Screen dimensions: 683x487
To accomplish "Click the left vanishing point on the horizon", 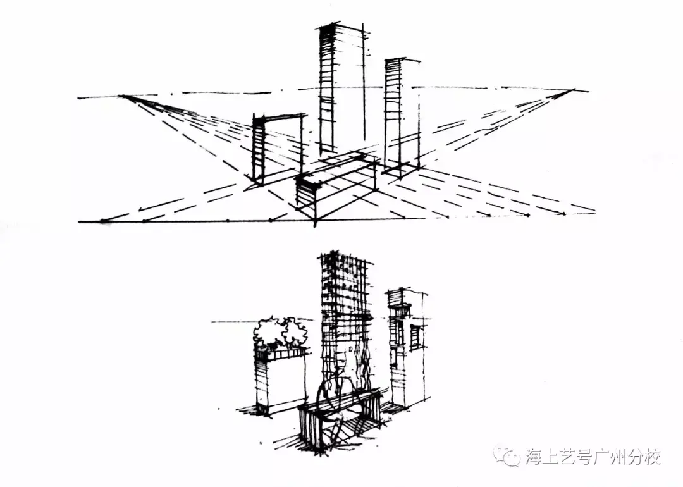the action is [x=122, y=96].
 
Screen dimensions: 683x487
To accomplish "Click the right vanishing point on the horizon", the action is [x=573, y=90].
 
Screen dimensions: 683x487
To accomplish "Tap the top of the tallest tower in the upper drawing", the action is [x=338, y=27].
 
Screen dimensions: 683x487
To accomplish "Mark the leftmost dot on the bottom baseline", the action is [x=102, y=221].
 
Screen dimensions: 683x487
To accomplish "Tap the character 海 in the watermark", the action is [x=536, y=456].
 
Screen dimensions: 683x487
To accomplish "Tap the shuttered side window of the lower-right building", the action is [x=415, y=337].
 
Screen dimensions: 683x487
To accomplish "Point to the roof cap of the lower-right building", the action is [x=405, y=293].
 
